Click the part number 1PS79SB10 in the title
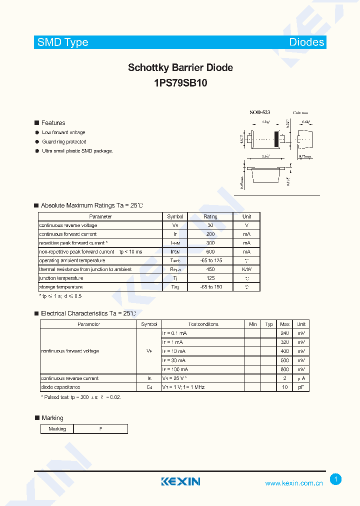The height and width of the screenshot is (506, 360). tap(180, 83)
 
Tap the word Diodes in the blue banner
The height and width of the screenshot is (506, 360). tap(306, 42)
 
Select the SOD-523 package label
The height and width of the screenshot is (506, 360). tap(260, 113)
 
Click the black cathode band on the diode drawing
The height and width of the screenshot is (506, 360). tap(275, 138)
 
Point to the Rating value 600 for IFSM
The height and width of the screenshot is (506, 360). tap(210, 252)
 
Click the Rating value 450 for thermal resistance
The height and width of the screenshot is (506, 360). tap(210, 269)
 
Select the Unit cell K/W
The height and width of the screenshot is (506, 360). tap(246, 269)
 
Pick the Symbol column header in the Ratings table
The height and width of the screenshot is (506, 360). tap(175, 217)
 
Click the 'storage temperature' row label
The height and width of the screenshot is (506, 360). tap(61, 287)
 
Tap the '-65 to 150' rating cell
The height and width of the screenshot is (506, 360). tap(210, 287)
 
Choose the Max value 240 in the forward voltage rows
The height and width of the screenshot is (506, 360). tap(284, 333)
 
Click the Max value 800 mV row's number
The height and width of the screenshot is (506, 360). tap(284, 369)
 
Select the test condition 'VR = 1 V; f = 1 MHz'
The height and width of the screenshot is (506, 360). tap(183, 387)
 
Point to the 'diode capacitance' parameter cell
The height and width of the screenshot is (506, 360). tap(60, 387)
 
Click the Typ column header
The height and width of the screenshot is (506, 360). tap(269, 324)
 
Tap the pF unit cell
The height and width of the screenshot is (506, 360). tap(301, 387)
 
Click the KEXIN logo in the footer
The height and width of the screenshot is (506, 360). tap(180, 481)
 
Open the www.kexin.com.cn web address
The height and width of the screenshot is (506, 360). tap(294, 483)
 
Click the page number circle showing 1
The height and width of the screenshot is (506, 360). tap(336, 479)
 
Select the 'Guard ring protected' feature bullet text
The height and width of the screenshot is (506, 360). tap(64, 142)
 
